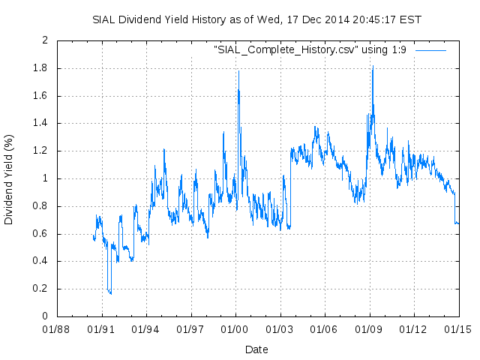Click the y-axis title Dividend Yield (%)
pyautogui.click(x=9, y=178)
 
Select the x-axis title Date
pyautogui.click(x=256, y=349)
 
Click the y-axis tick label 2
pyautogui.click(x=46, y=40)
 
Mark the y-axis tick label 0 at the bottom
pyautogui.click(x=46, y=316)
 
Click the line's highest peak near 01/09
pyautogui.click(x=373, y=66)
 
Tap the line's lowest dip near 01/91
pyautogui.click(x=111, y=293)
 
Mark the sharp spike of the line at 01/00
pyautogui.click(x=238, y=70)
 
